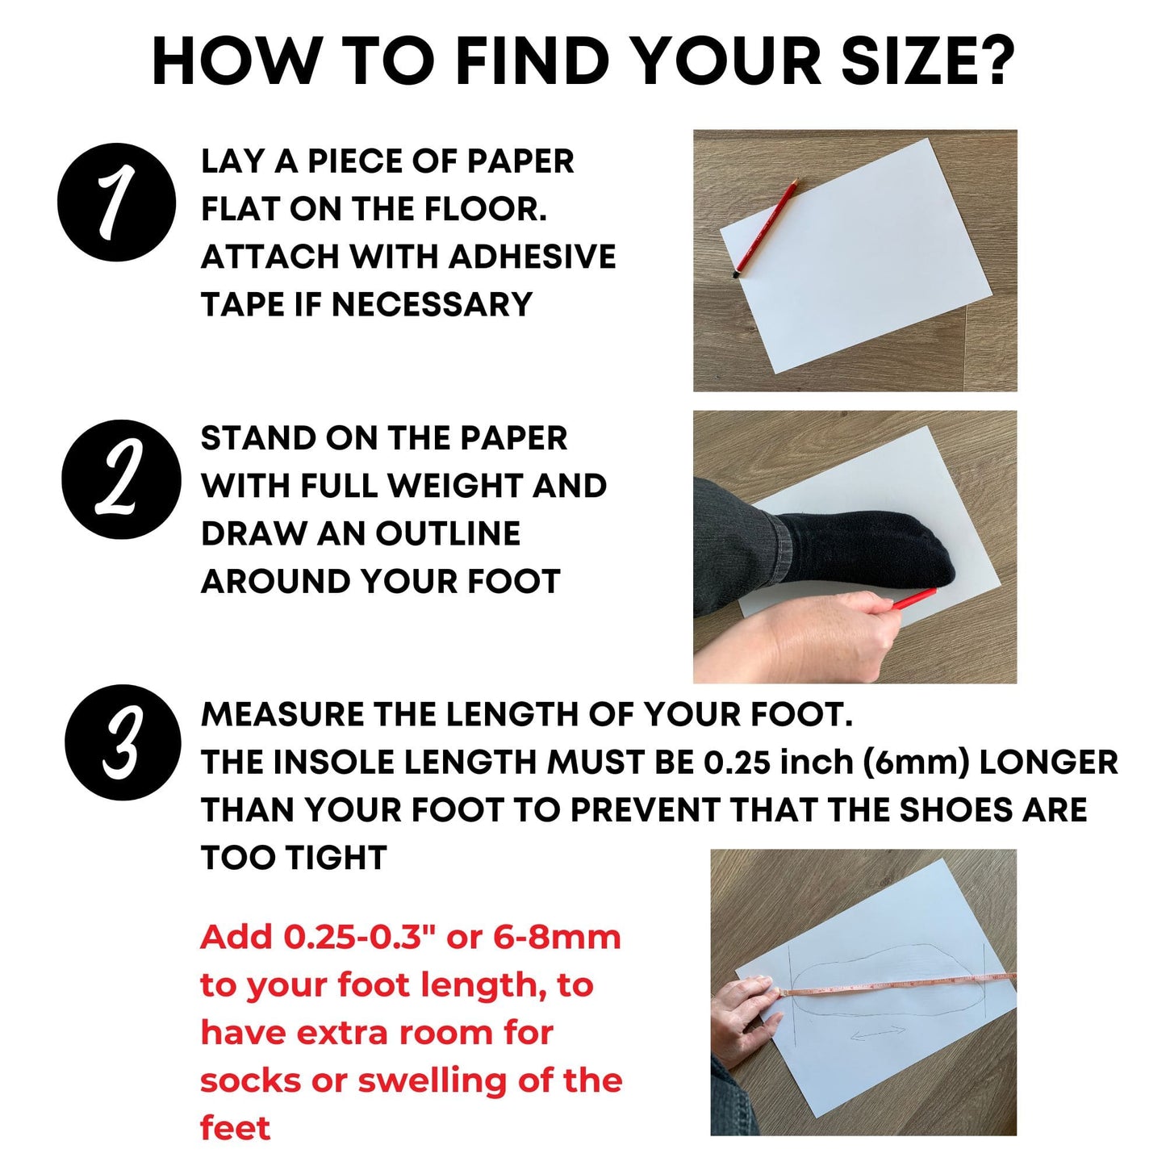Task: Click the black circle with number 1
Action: coord(117,202)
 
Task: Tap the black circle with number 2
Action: coord(122,479)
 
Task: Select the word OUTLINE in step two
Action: coord(448,533)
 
